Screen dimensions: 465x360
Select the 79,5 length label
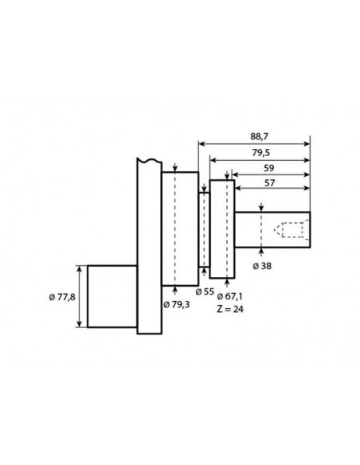pos(258,151)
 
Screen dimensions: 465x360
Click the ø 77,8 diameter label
pos(62,296)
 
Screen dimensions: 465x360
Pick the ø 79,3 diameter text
pos(177,303)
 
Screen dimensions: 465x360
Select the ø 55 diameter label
pos(205,291)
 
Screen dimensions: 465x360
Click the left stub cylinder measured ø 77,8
pos(112,295)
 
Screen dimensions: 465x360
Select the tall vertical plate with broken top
pos(143,247)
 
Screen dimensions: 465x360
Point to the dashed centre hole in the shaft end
pos(288,231)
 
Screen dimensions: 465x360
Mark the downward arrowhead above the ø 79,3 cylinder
pos(174,170)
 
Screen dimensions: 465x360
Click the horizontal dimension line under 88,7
pos(254,143)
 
